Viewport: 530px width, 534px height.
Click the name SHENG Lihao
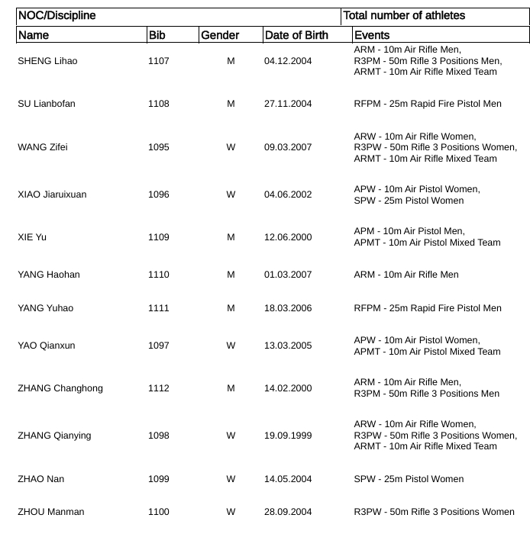tap(47, 61)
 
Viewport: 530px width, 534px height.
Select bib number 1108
tap(159, 104)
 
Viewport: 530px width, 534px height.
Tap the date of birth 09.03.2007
tap(288, 147)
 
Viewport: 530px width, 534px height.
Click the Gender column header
tap(220, 35)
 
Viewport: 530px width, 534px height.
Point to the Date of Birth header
tap(296, 35)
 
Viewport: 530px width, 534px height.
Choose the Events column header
tap(372, 35)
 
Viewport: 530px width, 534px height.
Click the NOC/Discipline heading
tap(57, 15)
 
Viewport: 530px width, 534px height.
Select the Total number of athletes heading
tap(404, 15)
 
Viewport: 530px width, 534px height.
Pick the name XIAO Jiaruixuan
tap(52, 195)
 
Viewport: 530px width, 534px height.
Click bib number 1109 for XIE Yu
tap(159, 237)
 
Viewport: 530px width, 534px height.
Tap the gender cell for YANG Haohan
tap(231, 275)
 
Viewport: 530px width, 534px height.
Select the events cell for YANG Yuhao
tap(428, 308)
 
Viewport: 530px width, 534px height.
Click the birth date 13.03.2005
tap(288, 346)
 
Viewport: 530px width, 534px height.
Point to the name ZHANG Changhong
tap(60, 388)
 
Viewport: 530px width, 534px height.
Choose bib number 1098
tap(159, 436)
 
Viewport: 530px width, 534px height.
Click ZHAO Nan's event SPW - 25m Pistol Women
tap(409, 479)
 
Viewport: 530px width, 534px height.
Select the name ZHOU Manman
tap(51, 512)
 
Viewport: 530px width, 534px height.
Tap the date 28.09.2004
tap(288, 512)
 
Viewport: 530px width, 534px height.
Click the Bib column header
tap(157, 35)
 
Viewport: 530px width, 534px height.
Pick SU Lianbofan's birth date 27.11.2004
tap(288, 104)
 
